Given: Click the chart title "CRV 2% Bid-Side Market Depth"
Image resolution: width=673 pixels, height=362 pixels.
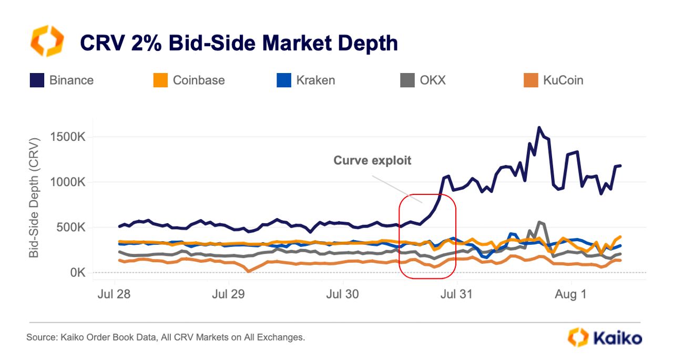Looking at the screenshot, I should (238, 43).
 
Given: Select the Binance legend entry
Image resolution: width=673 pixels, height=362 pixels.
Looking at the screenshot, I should (62, 80).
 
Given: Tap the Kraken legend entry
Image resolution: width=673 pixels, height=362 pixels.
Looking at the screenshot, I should (306, 80).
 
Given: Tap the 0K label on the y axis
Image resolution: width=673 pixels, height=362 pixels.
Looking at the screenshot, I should (76, 273).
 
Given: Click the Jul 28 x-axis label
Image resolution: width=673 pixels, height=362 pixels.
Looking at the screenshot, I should (114, 294).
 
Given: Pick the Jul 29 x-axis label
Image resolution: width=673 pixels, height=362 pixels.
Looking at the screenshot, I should (229, 294).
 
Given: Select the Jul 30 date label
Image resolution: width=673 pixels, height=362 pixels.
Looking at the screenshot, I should (343, 294).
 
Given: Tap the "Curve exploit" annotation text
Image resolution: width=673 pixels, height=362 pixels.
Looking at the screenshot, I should (372, 161).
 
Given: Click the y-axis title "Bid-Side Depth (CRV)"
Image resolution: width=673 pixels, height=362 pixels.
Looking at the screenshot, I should (34, 198).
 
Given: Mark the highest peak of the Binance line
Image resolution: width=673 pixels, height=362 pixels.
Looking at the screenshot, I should (539, 127).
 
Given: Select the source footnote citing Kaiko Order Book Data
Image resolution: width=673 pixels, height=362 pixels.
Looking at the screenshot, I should (166, 337).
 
